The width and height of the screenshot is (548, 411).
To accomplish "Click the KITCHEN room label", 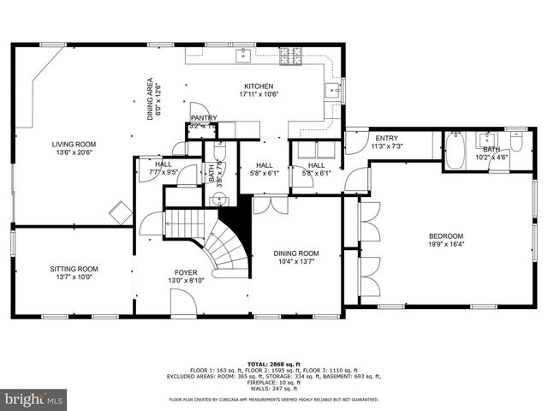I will point(258,86).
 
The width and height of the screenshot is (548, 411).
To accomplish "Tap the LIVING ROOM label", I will point(73,145).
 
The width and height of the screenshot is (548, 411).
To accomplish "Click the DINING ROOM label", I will point(295,253).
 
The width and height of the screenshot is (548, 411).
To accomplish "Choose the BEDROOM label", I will point(445,236).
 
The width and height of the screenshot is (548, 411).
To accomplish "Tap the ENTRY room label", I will point(386,138).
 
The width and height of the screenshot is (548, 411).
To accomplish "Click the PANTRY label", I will point(204,118).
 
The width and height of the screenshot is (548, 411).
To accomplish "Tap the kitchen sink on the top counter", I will point(243,55).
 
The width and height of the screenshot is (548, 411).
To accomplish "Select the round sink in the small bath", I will point(219,200).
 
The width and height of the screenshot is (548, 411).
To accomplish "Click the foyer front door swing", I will point(181,301).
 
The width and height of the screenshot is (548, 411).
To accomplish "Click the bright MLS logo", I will point(34,399).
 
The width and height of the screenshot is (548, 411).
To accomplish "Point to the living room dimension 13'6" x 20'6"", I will point(73,153).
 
